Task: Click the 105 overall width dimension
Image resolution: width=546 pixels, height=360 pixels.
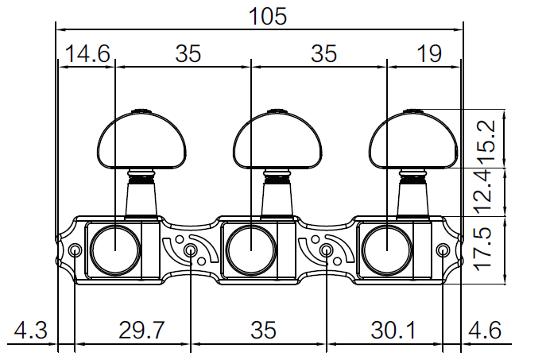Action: pyautogui.click(x=268, y=17)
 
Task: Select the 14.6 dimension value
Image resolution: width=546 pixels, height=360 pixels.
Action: pyautogui.click(x=87, y=53)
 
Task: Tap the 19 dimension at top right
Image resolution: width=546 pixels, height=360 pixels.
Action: pyautogui.click(x=429, y=53)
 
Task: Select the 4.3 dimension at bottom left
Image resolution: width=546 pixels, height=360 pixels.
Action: pyautogui.click(x=30, y=329)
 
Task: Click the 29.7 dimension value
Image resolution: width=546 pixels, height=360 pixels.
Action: pyautogui.click(x=141, y=329)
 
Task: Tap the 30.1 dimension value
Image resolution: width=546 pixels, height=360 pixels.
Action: pyautogui.click(x=393, y=329)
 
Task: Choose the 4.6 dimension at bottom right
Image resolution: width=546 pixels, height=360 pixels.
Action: pyautogui.click(x=485, y=329)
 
